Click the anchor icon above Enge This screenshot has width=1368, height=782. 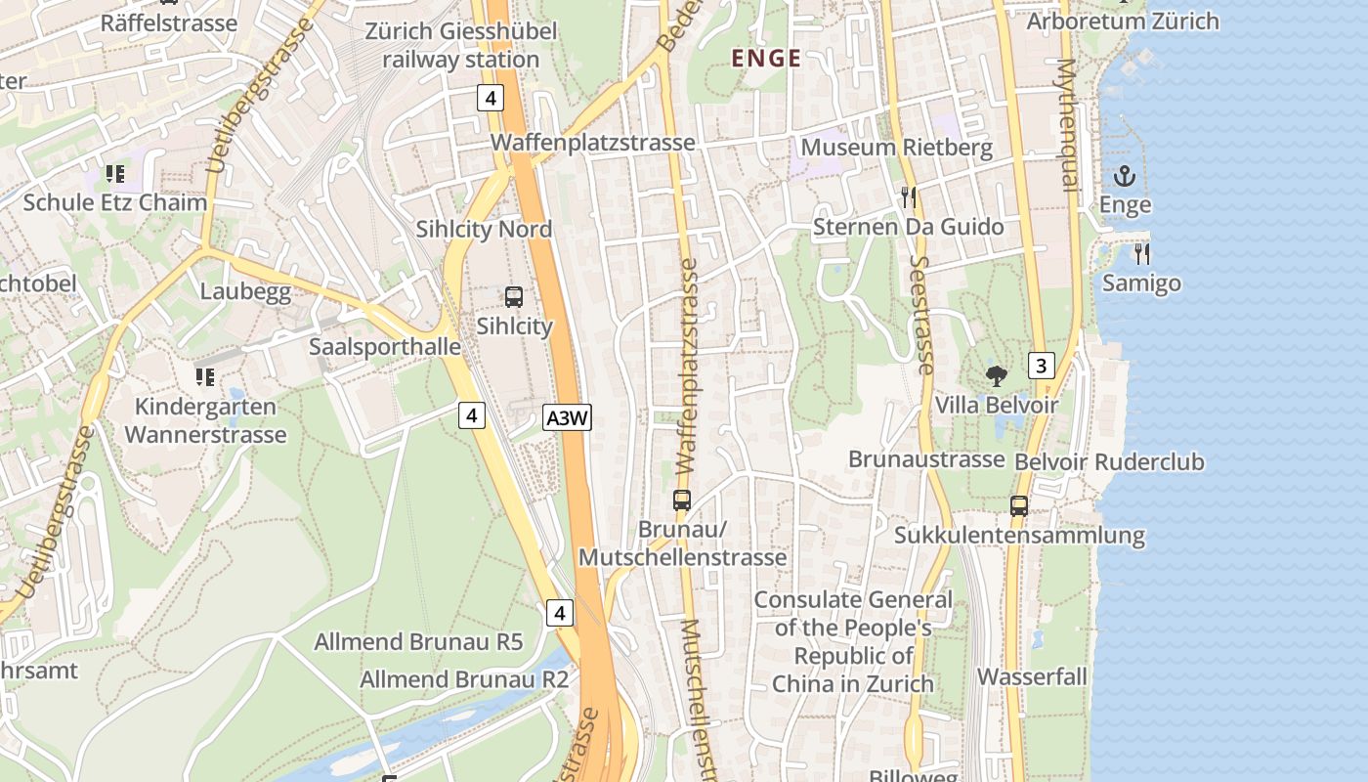(1125, 177)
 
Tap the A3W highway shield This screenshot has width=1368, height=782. (568, 418)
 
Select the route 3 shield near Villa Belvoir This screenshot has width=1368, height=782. (1042, 367)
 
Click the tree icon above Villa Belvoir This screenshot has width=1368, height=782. (997, 375)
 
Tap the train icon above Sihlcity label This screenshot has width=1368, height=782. (514, 297)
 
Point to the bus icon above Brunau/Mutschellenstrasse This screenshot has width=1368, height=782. (682, 500)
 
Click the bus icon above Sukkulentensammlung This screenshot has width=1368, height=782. (1019, 506)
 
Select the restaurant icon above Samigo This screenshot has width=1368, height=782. (1141, 254)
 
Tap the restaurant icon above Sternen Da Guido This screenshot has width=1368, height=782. (909, 197)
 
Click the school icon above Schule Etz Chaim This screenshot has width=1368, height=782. (115, 175)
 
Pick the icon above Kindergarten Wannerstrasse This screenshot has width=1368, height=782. (205, 377)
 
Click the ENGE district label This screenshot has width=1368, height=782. (766, 59)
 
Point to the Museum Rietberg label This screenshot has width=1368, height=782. (896, 148)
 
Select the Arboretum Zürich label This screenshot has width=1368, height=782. (1123, 21)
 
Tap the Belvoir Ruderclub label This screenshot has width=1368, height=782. (1109, 461)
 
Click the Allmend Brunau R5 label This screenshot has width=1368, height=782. (418, 642)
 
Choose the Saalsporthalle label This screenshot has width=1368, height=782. (385, 347)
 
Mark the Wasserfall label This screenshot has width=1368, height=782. (1032, 676)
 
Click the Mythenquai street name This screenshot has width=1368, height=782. (1066, 122)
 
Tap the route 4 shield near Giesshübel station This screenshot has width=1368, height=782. (491, 98)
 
